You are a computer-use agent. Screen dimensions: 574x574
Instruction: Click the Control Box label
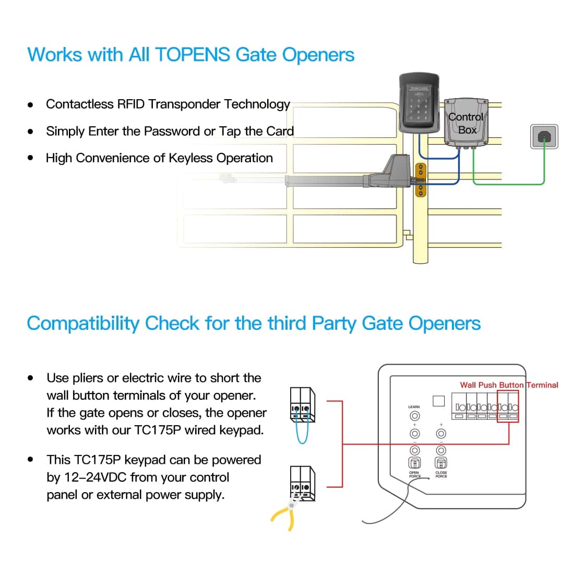tap(465, 123)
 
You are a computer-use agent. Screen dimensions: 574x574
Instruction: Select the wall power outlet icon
tap(544, 137)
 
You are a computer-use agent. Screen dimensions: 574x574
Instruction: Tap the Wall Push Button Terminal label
tap(509, 385)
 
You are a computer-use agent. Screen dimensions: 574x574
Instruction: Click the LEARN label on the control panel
tap(414, 406)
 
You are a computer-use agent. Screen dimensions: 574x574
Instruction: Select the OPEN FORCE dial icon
tap(414, 463)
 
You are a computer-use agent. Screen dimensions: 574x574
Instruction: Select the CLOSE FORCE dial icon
tap(441, 463)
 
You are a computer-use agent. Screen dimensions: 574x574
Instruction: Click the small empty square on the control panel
tap(439, 401)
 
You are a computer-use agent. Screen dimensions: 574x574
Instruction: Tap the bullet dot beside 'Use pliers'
tap(31, 378)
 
